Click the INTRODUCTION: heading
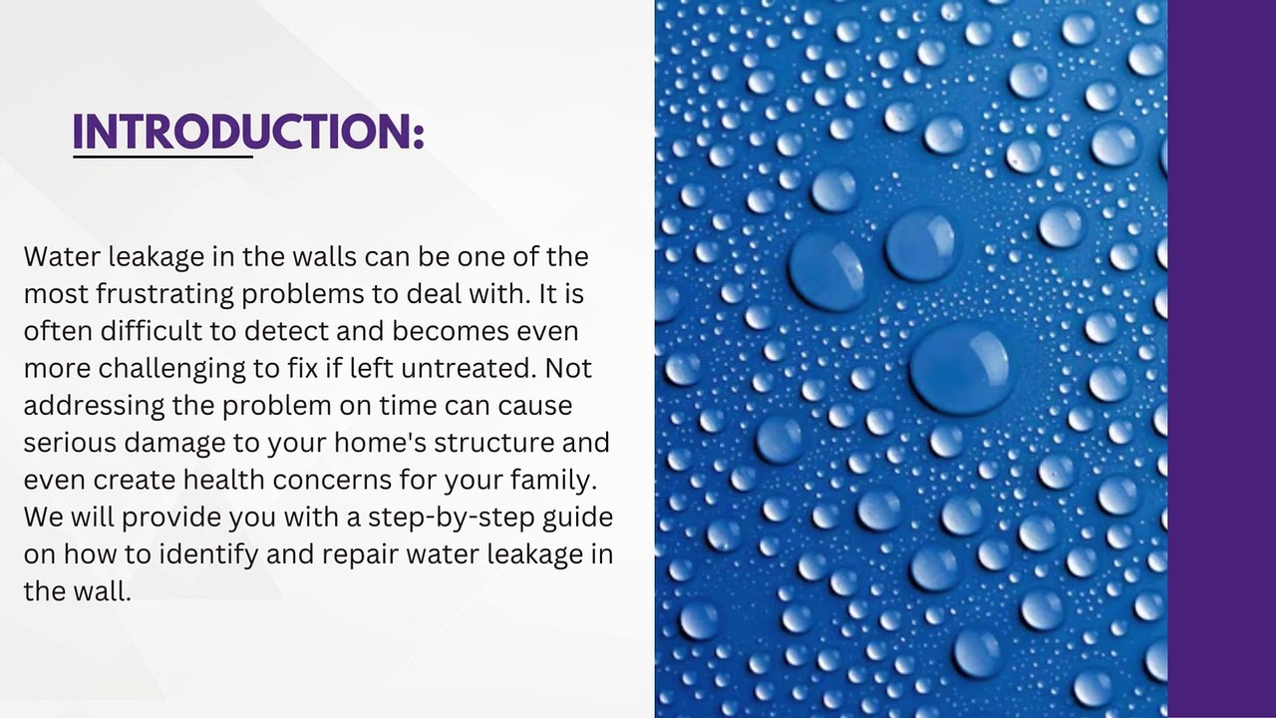[248, 132]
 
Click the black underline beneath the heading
[162, 156]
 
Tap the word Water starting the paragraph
[62, 257]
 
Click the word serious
[62, 443]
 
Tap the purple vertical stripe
[1221, 359]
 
